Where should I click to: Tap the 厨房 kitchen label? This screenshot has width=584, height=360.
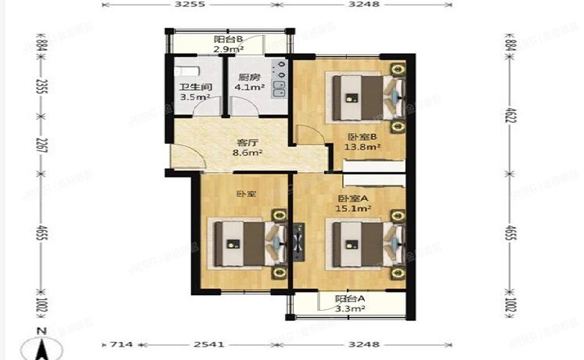250,77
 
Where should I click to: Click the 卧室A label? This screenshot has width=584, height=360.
353,198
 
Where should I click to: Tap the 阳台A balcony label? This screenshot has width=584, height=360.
350,298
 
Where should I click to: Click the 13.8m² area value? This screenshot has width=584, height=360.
366,146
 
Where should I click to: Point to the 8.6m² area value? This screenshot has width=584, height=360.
248,153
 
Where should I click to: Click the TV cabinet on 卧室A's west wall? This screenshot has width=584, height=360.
297,240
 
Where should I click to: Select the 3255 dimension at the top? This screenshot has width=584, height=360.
189,5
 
